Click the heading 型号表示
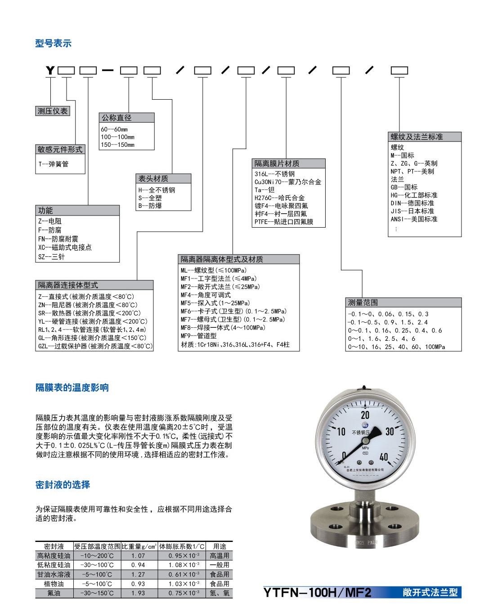pos(53,43)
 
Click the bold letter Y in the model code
pos(50,70)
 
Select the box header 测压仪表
pos(53,111)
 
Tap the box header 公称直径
pos(116,118)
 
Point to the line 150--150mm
pos(117,145)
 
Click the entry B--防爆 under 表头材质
pos(150,206)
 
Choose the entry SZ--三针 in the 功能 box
pos(51,257)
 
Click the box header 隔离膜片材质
pos(277,163)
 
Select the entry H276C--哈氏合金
pos(279,198)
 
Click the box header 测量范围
pos(363,302)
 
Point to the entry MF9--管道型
pos(198,335)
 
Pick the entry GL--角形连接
pos(92,338)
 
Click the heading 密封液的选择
pos(63,484)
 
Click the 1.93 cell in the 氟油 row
pos(138,593)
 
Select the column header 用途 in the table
pos(219,546)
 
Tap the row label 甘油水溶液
pos(54,574)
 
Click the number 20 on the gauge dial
pos(365,415)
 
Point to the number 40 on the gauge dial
pos(384,457)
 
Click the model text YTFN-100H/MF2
pos(318,593)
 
